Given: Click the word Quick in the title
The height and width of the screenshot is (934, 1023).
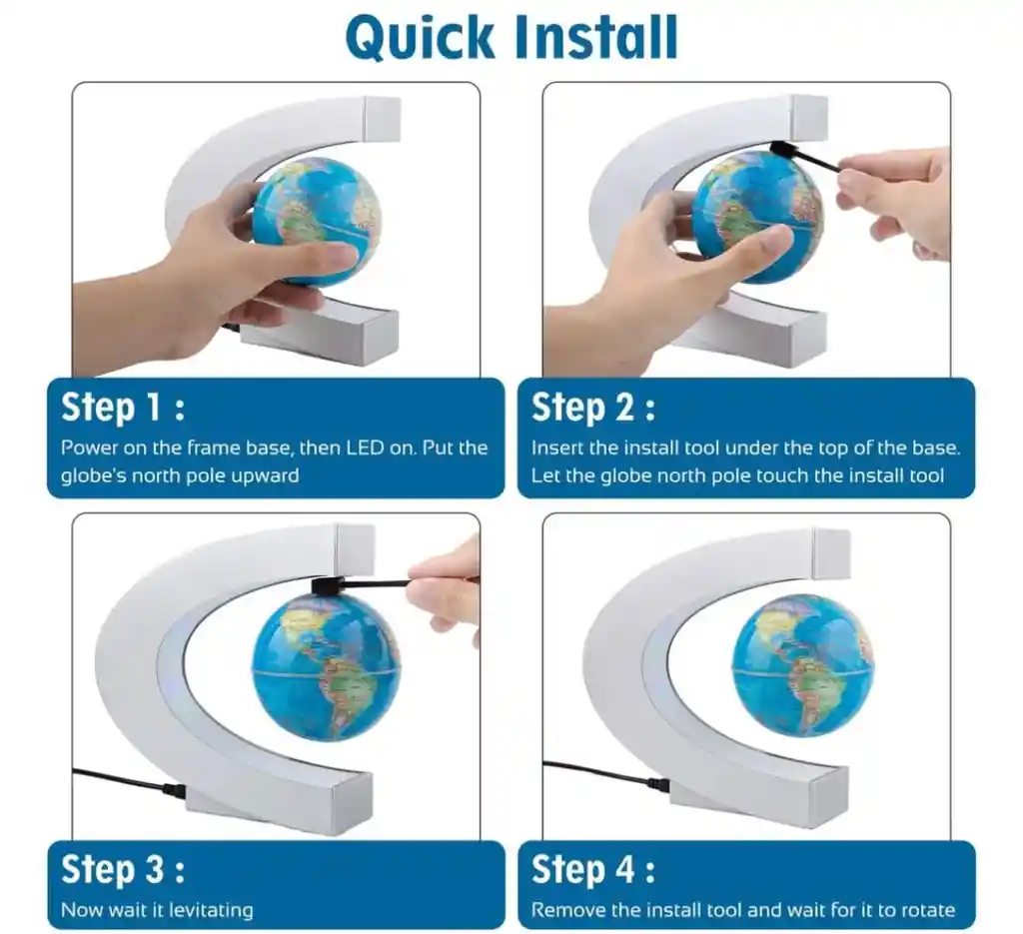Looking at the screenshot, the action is point(421,37).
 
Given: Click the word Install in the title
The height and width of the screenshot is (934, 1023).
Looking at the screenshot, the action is point(596,37).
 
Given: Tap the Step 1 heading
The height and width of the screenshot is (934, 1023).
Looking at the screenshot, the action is point(123,408).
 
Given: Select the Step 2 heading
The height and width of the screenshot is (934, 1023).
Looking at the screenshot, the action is point(593,408).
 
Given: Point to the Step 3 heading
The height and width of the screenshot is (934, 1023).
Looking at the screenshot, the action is point(123,869).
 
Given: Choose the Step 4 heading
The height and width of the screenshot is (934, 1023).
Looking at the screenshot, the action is point(593,869).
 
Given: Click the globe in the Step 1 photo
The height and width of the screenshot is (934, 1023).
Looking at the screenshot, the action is point(318,221).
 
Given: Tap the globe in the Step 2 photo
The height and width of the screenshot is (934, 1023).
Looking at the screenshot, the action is point(757,216).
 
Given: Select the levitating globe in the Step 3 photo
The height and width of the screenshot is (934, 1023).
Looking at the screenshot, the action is point(327,668).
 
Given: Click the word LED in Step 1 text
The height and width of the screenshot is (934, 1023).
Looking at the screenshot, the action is point(364,448).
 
